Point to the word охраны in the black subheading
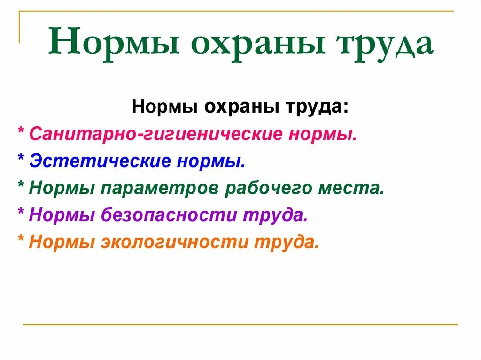point(241,107)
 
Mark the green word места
point(357,189)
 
